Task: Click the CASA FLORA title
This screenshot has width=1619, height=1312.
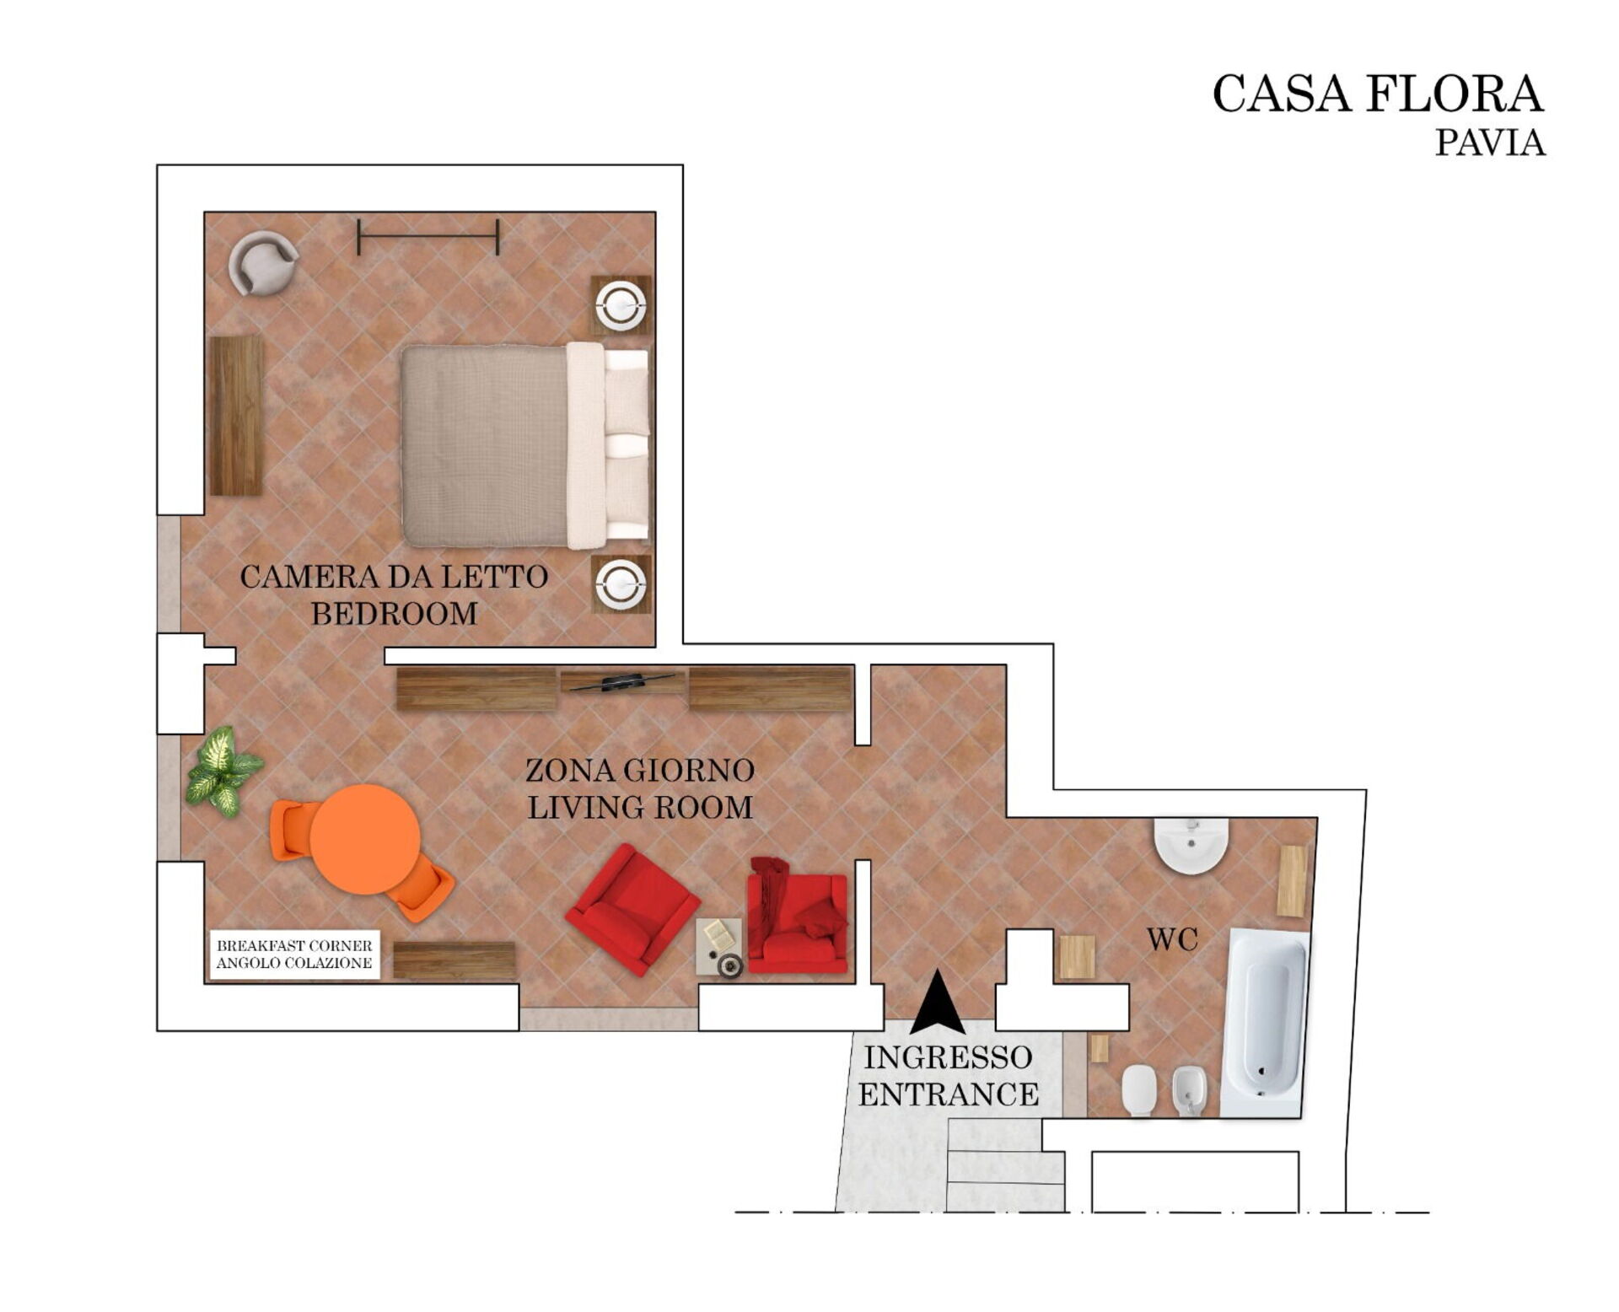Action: [1378, 94]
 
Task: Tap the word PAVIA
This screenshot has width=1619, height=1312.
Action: [1490, 142]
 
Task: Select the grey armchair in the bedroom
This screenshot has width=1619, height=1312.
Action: [263, 263]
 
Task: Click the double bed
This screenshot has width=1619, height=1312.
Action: [525, 445]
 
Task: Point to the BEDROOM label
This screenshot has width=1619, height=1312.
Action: [395, 613]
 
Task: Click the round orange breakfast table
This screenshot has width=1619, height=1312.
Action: [364, 839]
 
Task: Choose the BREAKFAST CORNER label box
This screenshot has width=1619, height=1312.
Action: [295, 954]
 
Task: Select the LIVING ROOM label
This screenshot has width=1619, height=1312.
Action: [640, 807]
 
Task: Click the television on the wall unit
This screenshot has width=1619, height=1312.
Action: [621, 680]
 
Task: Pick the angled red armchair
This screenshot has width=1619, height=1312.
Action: [632, 909]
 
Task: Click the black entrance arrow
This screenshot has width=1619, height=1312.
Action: [937, 1002]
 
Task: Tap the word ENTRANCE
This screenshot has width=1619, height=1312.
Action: [949, 1094]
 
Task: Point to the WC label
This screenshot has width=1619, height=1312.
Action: [1172, 939]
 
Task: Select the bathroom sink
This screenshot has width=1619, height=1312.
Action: [1191, 844]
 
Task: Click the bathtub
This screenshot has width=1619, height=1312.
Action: [1264, 1023]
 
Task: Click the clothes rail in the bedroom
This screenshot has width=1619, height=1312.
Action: [428, 237]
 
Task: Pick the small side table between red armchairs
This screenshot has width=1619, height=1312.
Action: [719, 947]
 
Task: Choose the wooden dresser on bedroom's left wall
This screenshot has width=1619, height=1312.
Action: [236, 416]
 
